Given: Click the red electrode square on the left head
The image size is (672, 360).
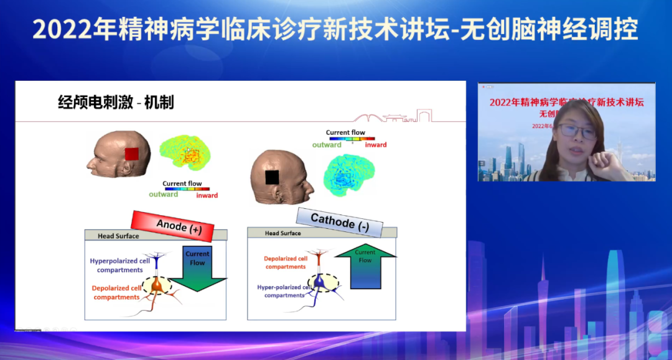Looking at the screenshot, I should coord(131,154).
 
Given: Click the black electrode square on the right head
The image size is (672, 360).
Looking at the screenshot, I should coord(272,177).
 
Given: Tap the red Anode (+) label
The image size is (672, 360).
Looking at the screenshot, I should coord(172,225).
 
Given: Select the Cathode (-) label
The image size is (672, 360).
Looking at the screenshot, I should coord(339,221).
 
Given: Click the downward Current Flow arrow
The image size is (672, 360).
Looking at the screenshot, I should coord(197,269).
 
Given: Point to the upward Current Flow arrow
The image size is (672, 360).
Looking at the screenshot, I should coord(365,267).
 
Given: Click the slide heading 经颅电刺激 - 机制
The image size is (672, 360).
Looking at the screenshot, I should coord(116,103).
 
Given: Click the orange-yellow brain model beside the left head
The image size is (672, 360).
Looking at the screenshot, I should coord(185,153).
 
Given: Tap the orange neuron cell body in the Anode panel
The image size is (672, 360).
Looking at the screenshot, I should coord(159,286).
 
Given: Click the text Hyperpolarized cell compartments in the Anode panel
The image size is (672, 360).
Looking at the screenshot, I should coord(119,265).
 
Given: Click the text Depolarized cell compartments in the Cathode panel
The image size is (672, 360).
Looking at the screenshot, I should coord(286,262).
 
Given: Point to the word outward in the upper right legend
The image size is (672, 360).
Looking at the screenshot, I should coord(327,145).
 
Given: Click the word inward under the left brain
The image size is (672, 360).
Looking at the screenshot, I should coord(207,195).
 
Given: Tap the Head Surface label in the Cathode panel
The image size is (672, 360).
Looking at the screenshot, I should coord(282,233).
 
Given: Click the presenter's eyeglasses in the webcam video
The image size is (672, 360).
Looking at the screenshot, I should coord(576,131).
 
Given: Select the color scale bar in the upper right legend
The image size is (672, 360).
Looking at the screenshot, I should coord(352,139).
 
